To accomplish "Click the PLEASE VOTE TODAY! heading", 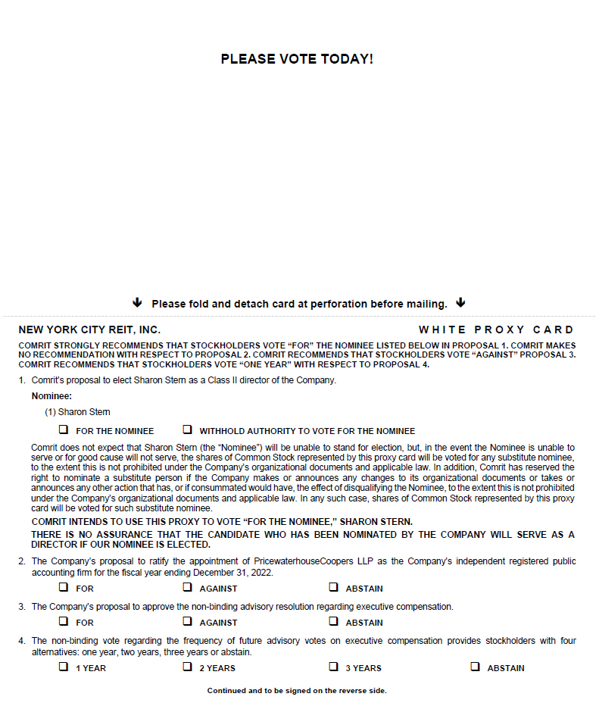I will coord(297,59).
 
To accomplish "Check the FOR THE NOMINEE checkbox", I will coord(64,430).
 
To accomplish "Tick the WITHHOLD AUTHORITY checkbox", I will coord(187,430).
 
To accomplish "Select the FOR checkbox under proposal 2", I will coord(64,587).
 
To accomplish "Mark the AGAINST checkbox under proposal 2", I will coord(187,587).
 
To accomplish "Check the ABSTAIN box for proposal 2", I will coord(333,587).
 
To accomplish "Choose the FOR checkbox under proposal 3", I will coord(64,621).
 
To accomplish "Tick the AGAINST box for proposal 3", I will coord(187,621).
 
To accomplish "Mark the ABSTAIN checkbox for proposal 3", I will coord(333,621).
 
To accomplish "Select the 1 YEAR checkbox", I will coord(64,667).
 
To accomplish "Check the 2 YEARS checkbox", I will coord(187,667).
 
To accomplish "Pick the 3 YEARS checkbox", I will coord(333,667).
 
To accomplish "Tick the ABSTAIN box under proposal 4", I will coord(475,667).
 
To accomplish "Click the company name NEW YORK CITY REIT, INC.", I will coord(89,330).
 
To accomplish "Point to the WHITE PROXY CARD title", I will coord(496,330).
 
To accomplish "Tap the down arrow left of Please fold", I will coord(137,303).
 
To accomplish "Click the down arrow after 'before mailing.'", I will coord(460,303).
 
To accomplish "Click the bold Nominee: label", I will coord(51,395).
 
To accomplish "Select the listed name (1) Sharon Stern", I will coord(77,412).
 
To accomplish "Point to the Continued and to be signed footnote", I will coord(297,690).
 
